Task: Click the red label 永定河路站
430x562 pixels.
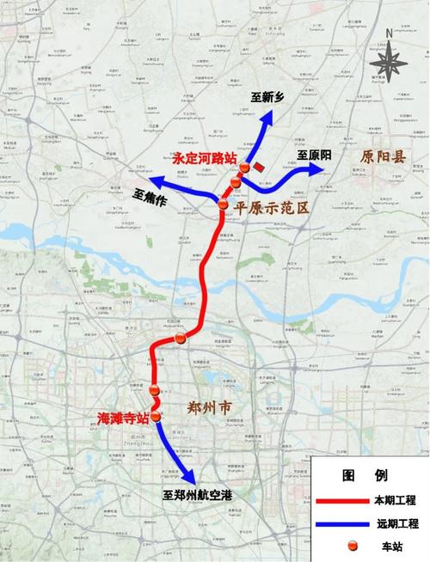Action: (206, 158)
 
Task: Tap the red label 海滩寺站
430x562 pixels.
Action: (123, 418)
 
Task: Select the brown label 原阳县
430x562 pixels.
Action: (387, 157)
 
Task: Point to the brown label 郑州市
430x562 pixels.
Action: (210, 407)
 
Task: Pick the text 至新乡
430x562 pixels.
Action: (267, 97)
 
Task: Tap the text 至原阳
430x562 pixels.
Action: (313, 155)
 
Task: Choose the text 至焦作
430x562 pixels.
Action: (150, 196)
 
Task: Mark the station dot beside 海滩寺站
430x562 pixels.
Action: (156, 418)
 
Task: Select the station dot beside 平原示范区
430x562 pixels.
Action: (224, 205)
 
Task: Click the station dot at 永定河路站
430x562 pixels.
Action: (244, 168)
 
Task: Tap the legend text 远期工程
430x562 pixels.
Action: (395, 522)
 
